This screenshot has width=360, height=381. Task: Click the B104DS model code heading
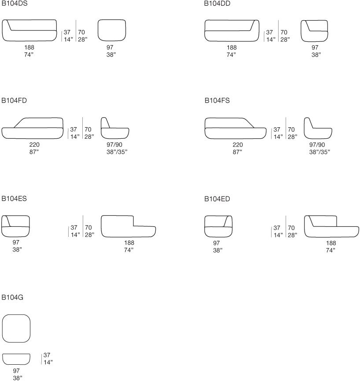(15, 4)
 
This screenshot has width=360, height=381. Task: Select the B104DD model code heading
(217, 4)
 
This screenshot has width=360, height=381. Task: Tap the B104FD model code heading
(14, 100)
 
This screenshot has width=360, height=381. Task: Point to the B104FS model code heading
(217, 100)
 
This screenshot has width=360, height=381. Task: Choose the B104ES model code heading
(14, 199)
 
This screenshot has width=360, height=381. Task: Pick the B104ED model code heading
(217, 199)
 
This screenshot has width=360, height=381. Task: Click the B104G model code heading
(12, 297)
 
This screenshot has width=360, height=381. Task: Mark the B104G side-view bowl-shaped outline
(16, 364)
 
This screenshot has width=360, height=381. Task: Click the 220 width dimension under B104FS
(238, 145)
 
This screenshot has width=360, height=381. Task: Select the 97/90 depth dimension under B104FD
(114, 144)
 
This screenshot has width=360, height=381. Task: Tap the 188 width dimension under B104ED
(331, 243)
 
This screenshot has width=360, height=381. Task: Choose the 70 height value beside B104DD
(284, 32)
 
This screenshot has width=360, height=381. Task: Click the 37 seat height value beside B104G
(47, 355)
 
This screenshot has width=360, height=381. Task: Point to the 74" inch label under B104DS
(29, 55)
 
